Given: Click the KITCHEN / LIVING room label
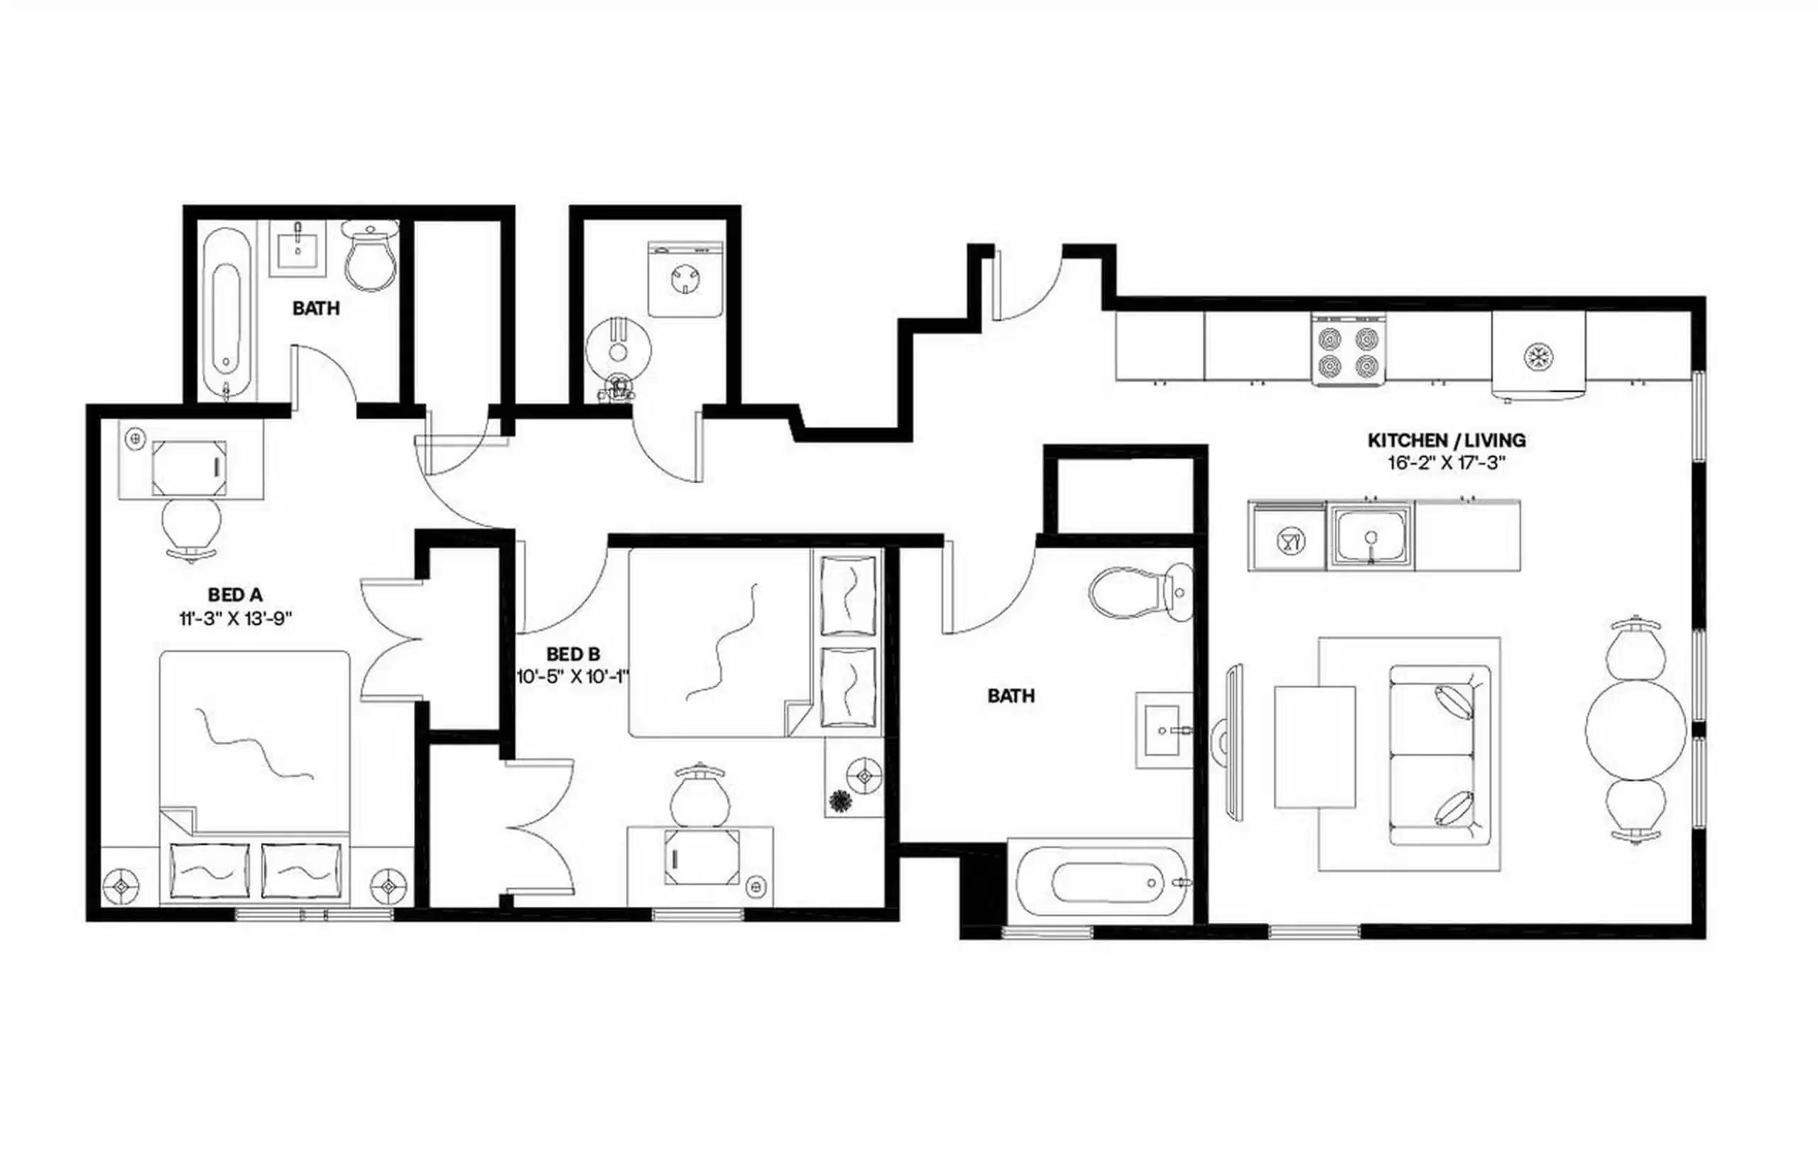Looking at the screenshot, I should coord(1446,440).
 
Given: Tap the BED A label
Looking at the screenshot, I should coord(234,595).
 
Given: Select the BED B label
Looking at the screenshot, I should coord(572,655).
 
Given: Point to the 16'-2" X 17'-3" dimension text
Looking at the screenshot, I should coord(1446,464).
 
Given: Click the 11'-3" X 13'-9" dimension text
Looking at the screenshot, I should coord(236,619).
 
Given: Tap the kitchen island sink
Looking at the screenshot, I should coord(1371,535).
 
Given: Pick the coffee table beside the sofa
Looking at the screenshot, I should coord(1314,747).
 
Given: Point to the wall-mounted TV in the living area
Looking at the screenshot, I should coord(1233,743).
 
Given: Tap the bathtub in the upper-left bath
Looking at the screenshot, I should coord(227,313).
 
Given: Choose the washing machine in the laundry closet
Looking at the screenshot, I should coord(685,280).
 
